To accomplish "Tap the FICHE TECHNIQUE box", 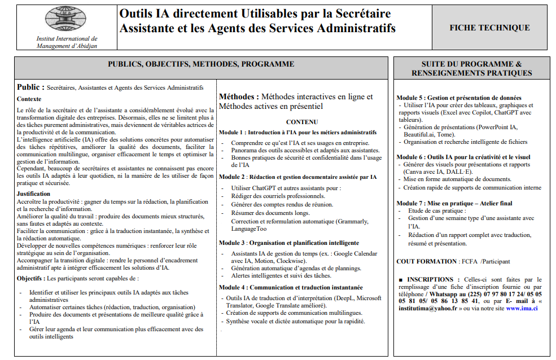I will pos(489,28).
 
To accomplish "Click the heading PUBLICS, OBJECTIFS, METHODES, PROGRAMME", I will pos(202,64).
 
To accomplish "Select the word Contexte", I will pos(29,99).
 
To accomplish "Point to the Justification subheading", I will pos(34,194).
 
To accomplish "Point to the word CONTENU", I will pos(302,122).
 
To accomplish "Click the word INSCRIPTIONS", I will pos(430,279).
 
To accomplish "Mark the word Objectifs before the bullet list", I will pos(30,279).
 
